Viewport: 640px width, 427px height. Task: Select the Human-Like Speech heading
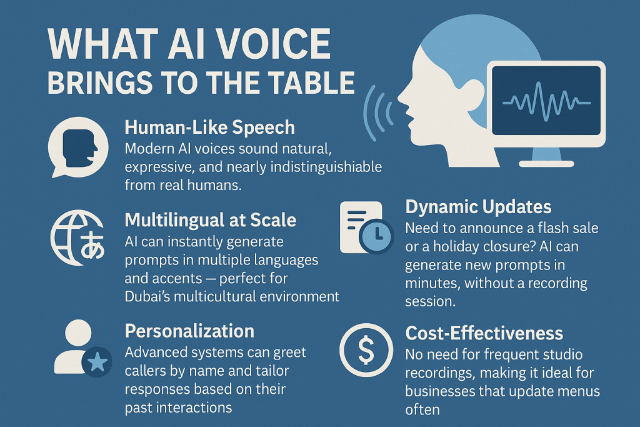pos(209,128)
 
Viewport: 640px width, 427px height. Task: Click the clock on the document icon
pos(376,237)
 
